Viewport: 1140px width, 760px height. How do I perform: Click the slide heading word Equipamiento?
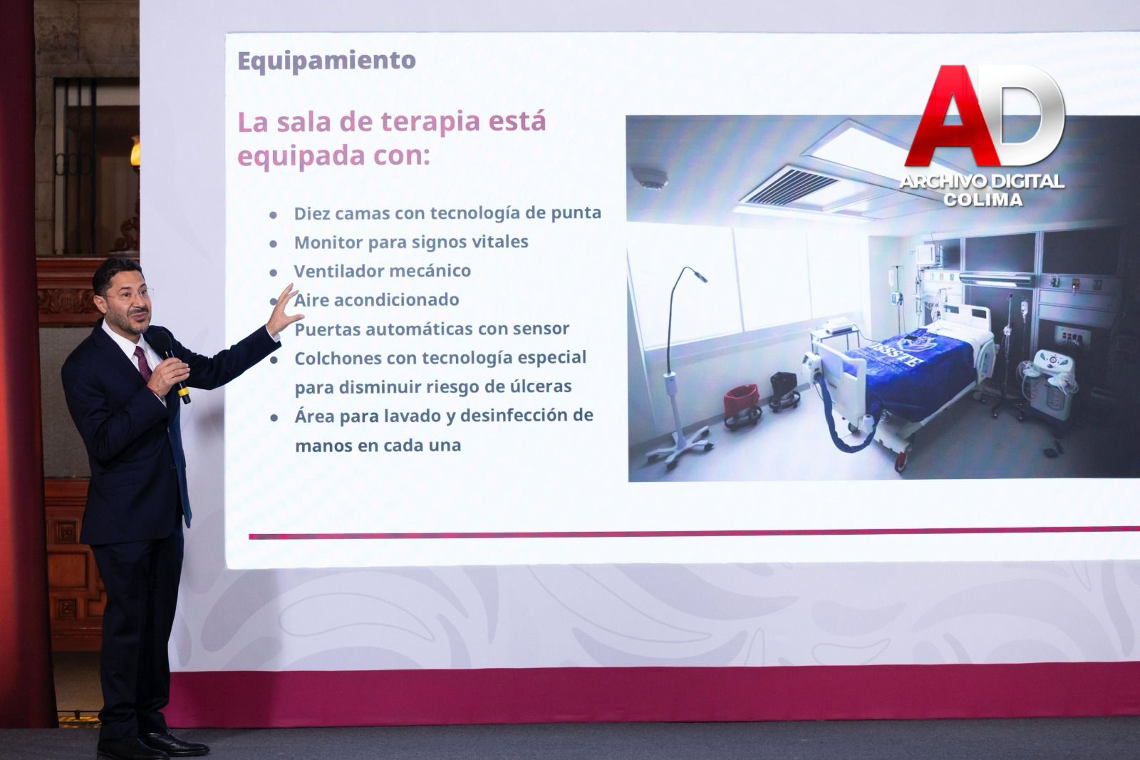(x=326, y=61)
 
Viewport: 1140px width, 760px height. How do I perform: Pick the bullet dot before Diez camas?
(x=274, y=215)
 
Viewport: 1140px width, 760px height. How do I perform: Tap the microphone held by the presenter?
(x=172, y=365)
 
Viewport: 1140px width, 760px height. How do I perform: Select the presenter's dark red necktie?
(x=143, y=364)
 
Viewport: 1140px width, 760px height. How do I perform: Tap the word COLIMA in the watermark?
(x=983, y=200)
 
